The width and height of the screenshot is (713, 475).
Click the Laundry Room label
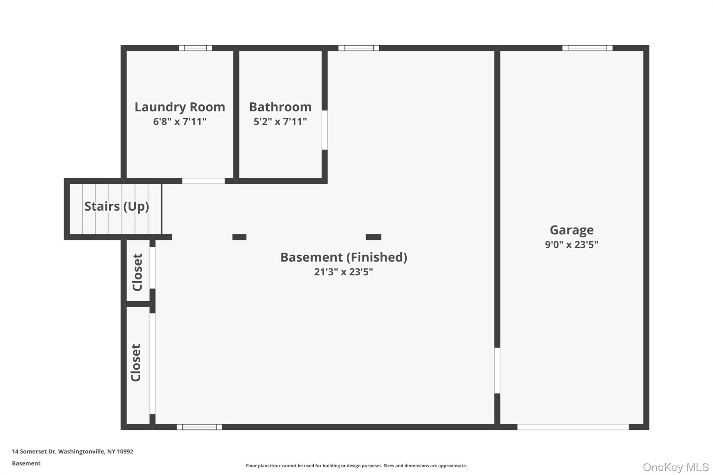(x=180, y=107)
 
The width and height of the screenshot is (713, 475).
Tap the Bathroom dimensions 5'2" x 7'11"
(x=280, y=121)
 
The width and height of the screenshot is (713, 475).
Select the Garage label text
(x=571, y=230)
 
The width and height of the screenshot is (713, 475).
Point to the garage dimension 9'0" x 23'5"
(x=571, y=245)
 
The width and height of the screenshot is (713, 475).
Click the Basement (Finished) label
(x=344, y=257)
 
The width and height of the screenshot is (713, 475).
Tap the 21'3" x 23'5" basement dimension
(x=343, y=272)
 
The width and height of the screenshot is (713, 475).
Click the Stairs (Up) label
(x=117, y=206)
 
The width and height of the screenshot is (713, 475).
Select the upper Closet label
(x=138, y=272)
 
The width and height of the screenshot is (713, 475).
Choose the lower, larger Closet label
(x=136, y=363)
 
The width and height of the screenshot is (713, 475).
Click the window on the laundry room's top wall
(x=195, y=48)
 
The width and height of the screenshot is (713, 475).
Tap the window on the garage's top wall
(x=587, y=48)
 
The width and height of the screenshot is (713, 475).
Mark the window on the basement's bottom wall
(x=199, y=427)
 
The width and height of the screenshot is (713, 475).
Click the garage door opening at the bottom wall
(x=573, y=427)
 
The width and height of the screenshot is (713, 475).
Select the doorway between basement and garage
(x=497, y=370)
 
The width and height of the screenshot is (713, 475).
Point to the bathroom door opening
(x=324, y=130)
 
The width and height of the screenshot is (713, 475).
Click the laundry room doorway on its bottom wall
(x=203, y=181)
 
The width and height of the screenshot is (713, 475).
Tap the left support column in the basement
(x=239, y=237)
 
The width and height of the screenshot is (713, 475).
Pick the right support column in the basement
(x=373, y=237)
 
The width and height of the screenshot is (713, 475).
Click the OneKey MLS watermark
(x=675, y=467)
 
